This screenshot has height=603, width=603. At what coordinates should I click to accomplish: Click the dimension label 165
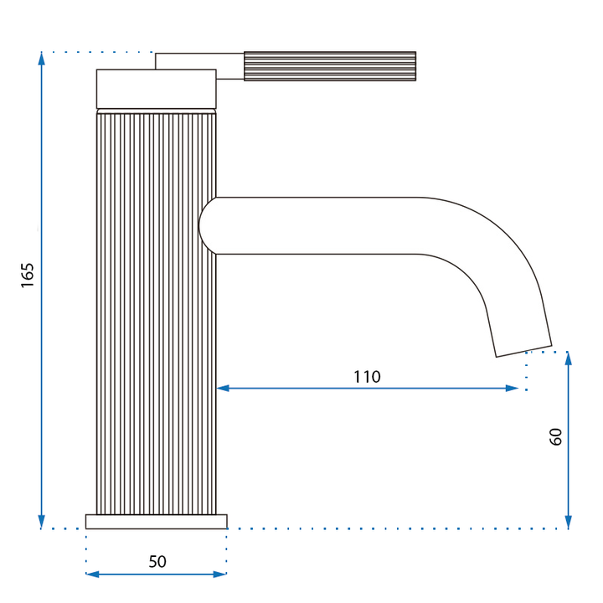tap(28, 276)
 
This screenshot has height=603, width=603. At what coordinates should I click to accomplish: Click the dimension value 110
tap(366, 377)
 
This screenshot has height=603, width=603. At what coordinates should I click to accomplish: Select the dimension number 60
tap(556, 436)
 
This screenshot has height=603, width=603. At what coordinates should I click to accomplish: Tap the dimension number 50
tap(157, 562)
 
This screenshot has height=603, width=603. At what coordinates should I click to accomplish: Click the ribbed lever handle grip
tap(329, 66)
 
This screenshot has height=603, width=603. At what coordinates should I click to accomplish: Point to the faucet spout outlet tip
tap(523, 348)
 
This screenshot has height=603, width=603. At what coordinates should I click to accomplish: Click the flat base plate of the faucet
tap(156, 521)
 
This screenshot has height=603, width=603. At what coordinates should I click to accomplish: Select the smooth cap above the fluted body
tap(157, 89)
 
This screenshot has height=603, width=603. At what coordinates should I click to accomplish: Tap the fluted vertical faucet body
tap(156, 310)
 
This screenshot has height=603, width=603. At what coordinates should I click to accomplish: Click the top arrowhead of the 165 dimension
tap(41, 58)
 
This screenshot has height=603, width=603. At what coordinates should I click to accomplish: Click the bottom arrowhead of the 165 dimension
tap(41, 523)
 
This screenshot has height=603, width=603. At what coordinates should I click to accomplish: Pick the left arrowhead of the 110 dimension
tap(223, 388)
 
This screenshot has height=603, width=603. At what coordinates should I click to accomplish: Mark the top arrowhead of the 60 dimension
tap(568, 358)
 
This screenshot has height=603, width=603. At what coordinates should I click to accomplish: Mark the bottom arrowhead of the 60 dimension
tap(568, 523)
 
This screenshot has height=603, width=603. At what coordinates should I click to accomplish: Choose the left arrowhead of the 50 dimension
tap(92, 574)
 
